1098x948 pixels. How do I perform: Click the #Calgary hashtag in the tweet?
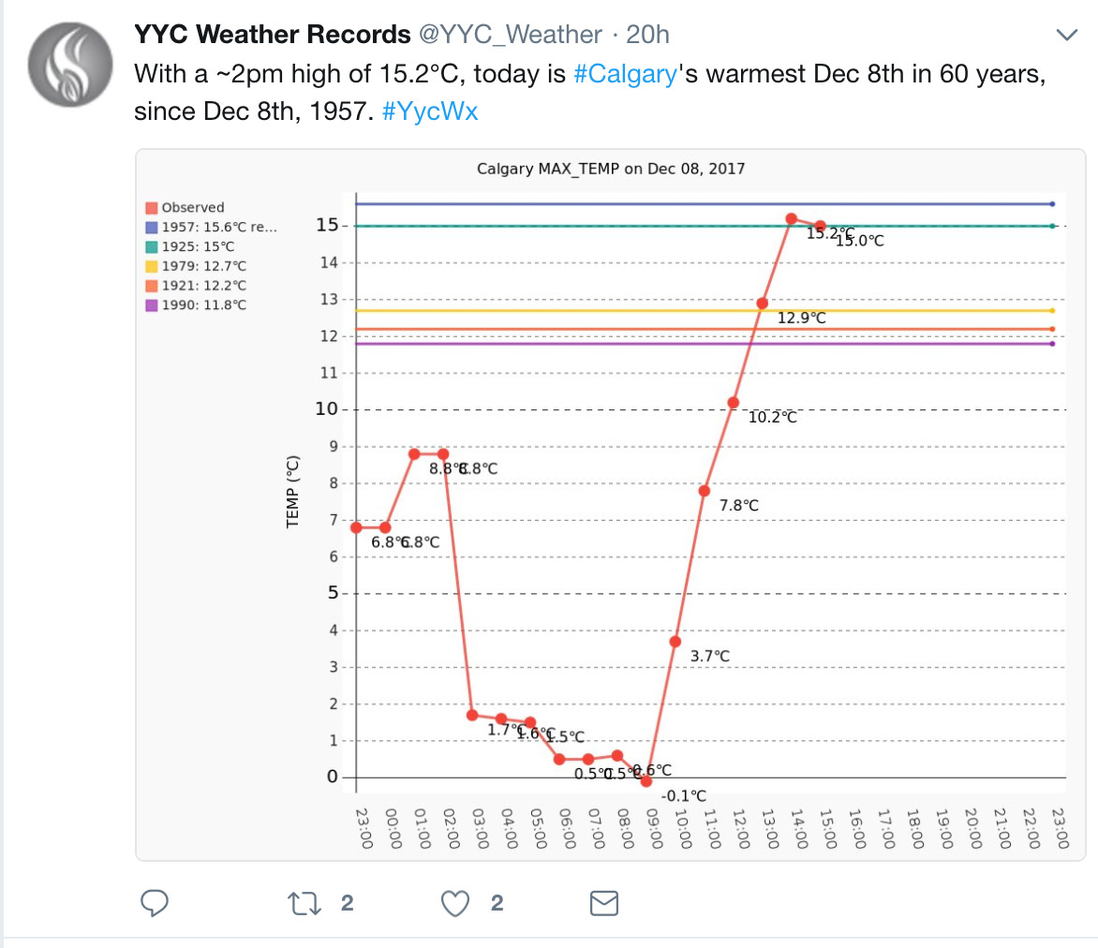click(x=625, y=75)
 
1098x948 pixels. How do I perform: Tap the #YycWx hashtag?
click(x=431, y=111)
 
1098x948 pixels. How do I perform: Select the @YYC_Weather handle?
click(x=510, y=36)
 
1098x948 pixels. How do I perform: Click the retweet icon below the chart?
click(x=302, y=903)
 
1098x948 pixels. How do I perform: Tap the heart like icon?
click(x=455, y=903)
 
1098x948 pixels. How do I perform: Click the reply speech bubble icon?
click(x=155, y=903)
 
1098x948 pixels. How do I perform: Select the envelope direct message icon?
click(x=603, y=903)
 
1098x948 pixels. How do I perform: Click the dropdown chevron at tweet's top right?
click(x=1067, y=36)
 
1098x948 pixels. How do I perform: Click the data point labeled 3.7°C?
click(x=675, y=642)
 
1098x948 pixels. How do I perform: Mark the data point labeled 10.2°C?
click(x=733, y=403)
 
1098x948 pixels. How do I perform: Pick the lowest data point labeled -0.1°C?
click(x=645, y=780)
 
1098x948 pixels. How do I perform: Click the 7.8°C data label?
click(x=739, y=506)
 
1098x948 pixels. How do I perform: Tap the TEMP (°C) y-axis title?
click(x=292, y=491)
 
